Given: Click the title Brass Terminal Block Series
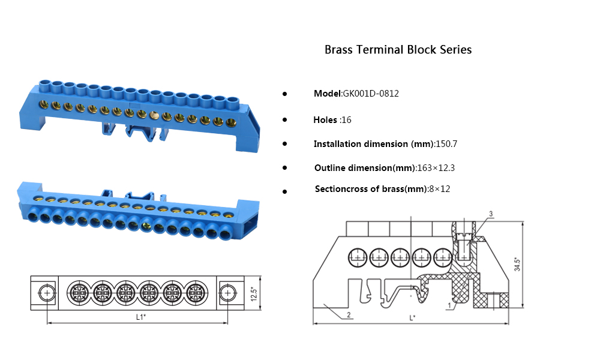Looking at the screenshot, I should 398,50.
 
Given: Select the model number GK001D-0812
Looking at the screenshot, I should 371,94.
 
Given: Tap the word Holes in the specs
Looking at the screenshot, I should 325,120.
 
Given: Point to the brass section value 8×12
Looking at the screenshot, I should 439,189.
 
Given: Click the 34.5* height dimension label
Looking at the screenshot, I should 517,265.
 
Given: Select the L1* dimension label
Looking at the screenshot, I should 140,316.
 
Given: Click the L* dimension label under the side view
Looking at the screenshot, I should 412,318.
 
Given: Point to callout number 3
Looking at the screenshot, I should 491,214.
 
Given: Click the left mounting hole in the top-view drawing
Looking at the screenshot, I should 46,293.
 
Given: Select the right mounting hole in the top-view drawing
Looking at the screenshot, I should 227,293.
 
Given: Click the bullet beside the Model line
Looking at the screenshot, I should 284,94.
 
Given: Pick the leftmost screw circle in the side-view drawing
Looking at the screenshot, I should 358,258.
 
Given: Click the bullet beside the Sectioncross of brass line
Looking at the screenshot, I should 284,191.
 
